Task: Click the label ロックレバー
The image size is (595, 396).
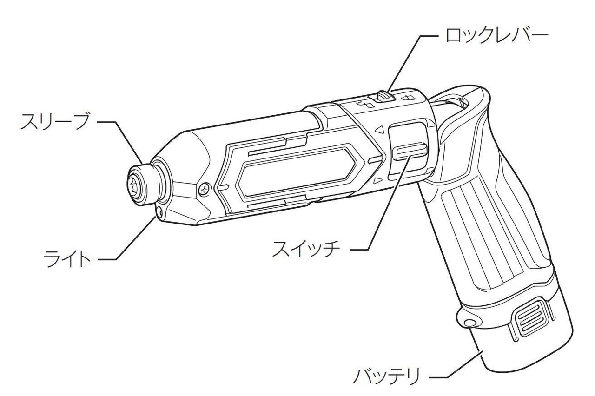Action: (496, 35)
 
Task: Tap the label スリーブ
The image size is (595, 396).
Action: (54, 122)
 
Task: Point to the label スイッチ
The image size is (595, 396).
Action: (306, 249)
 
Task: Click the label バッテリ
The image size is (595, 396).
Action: (386, 376)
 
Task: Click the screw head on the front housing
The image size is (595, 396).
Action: (204, 189)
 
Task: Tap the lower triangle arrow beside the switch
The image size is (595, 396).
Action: (378, 181)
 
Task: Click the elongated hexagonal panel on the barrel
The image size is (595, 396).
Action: (297, 174)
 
